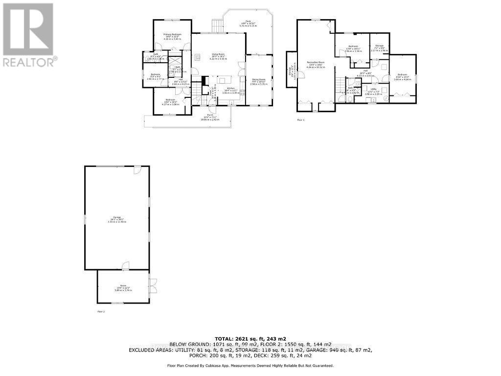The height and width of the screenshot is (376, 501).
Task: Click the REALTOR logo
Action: click(28, 35)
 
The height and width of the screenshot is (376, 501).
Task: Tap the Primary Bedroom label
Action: click(173, 35)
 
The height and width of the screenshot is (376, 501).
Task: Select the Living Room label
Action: click(218, 55)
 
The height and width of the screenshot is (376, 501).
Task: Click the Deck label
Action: click(248, 22)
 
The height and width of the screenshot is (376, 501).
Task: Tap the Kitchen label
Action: click(230, 90)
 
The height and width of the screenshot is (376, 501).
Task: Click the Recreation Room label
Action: click(316, 63)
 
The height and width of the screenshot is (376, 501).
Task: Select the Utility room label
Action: click(373, 90)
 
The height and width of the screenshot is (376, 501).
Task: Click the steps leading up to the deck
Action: click(217, 25)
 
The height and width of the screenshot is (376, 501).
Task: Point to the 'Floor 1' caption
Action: click(300, 120)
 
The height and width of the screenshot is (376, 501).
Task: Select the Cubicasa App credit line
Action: click(250, 366)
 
